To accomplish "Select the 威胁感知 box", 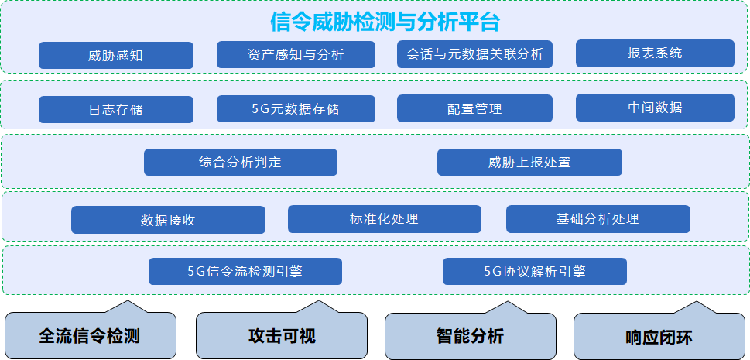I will pos(116,56).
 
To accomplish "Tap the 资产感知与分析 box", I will pos(296,55).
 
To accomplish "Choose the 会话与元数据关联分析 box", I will pos(474,54).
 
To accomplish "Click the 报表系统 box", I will pos(655,53).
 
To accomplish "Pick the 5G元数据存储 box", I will pos(296,109).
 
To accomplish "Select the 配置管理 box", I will pos(474,109).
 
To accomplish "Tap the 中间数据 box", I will pos(655,108).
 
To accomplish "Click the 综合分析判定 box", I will pos(240,163).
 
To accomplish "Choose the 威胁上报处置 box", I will pos(529,163).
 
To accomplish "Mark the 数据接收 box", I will pos(168,220).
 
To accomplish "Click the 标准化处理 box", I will pos(384,219).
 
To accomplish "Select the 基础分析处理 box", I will pos(598,219).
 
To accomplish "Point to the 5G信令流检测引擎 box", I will pos(245,272).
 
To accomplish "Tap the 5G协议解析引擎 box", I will pos(534,272).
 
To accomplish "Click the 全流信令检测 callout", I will pos(90,337).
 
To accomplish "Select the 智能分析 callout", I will pos(470,337).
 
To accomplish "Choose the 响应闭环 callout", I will pos(659,338).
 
